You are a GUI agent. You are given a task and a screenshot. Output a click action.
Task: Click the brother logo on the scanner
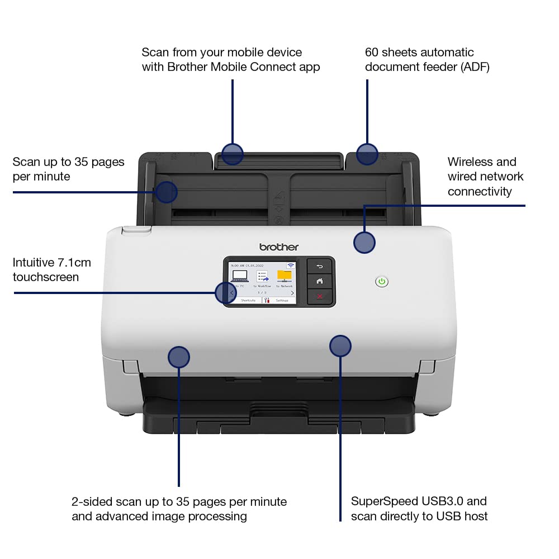(x=279, y=247)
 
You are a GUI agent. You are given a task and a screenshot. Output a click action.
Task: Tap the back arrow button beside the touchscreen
(x=320, y=267)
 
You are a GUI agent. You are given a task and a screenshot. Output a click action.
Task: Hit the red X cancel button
(x=320, y=296)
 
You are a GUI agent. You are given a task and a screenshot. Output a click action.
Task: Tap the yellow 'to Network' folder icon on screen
(x=285, y=276)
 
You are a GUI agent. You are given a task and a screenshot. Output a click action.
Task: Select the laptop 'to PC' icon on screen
(x=239, y=276)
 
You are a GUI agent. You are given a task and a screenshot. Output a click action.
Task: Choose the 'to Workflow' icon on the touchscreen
(x=262, y=276)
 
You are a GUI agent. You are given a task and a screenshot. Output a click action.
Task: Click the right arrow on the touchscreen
(x=292, y=292)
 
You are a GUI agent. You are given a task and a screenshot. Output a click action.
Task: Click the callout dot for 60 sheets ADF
(x=367, y=154)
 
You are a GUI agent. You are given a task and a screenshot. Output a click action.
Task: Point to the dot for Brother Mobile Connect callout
(x=232, y=154)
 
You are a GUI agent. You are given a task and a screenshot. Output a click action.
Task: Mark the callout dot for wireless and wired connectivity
(x=364, y=243)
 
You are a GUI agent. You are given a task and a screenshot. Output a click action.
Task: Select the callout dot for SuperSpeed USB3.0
(x=340, y=346)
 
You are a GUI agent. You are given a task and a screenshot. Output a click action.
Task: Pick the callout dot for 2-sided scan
(x=179, y=357)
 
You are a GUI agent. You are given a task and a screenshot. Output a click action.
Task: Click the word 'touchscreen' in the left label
(x=46, y=277)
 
